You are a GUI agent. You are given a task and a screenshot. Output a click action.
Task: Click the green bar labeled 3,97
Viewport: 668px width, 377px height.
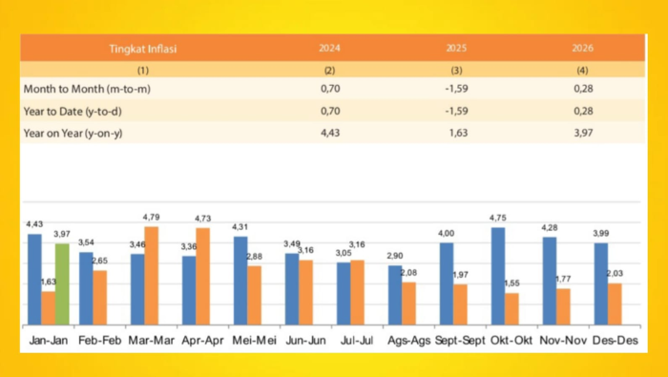(x=63, y=283)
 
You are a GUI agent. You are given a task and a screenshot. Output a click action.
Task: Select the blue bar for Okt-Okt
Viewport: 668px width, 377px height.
(x=498, y=276)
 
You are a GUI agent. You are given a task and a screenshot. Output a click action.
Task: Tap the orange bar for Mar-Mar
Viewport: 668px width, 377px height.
(x=151, y=276)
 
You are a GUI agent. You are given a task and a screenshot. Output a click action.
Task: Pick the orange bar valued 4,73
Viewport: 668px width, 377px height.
(x=202, y=277)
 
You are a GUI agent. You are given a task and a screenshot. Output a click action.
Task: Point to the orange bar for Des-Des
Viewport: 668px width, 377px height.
(x=616, y=304)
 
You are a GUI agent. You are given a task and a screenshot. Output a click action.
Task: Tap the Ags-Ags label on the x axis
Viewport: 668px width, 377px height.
(x=402, y=340)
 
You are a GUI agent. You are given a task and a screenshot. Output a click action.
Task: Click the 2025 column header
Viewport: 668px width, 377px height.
(x=457, y=47)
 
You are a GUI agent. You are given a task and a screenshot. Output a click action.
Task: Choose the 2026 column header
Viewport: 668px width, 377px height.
(x=583, y=47)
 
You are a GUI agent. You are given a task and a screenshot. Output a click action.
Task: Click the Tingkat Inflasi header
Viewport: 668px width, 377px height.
(x=142, y=47)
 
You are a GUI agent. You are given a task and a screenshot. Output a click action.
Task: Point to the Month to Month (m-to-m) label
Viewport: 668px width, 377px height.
(x=88, y=89)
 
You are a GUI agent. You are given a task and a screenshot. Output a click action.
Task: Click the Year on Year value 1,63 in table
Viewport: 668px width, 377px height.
(x=457, y=133)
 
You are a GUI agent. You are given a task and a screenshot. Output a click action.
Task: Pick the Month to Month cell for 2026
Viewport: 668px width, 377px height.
(x=583, y=89)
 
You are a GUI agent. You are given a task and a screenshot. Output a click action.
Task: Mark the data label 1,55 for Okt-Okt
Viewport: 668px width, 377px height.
(x=512, y=284)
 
